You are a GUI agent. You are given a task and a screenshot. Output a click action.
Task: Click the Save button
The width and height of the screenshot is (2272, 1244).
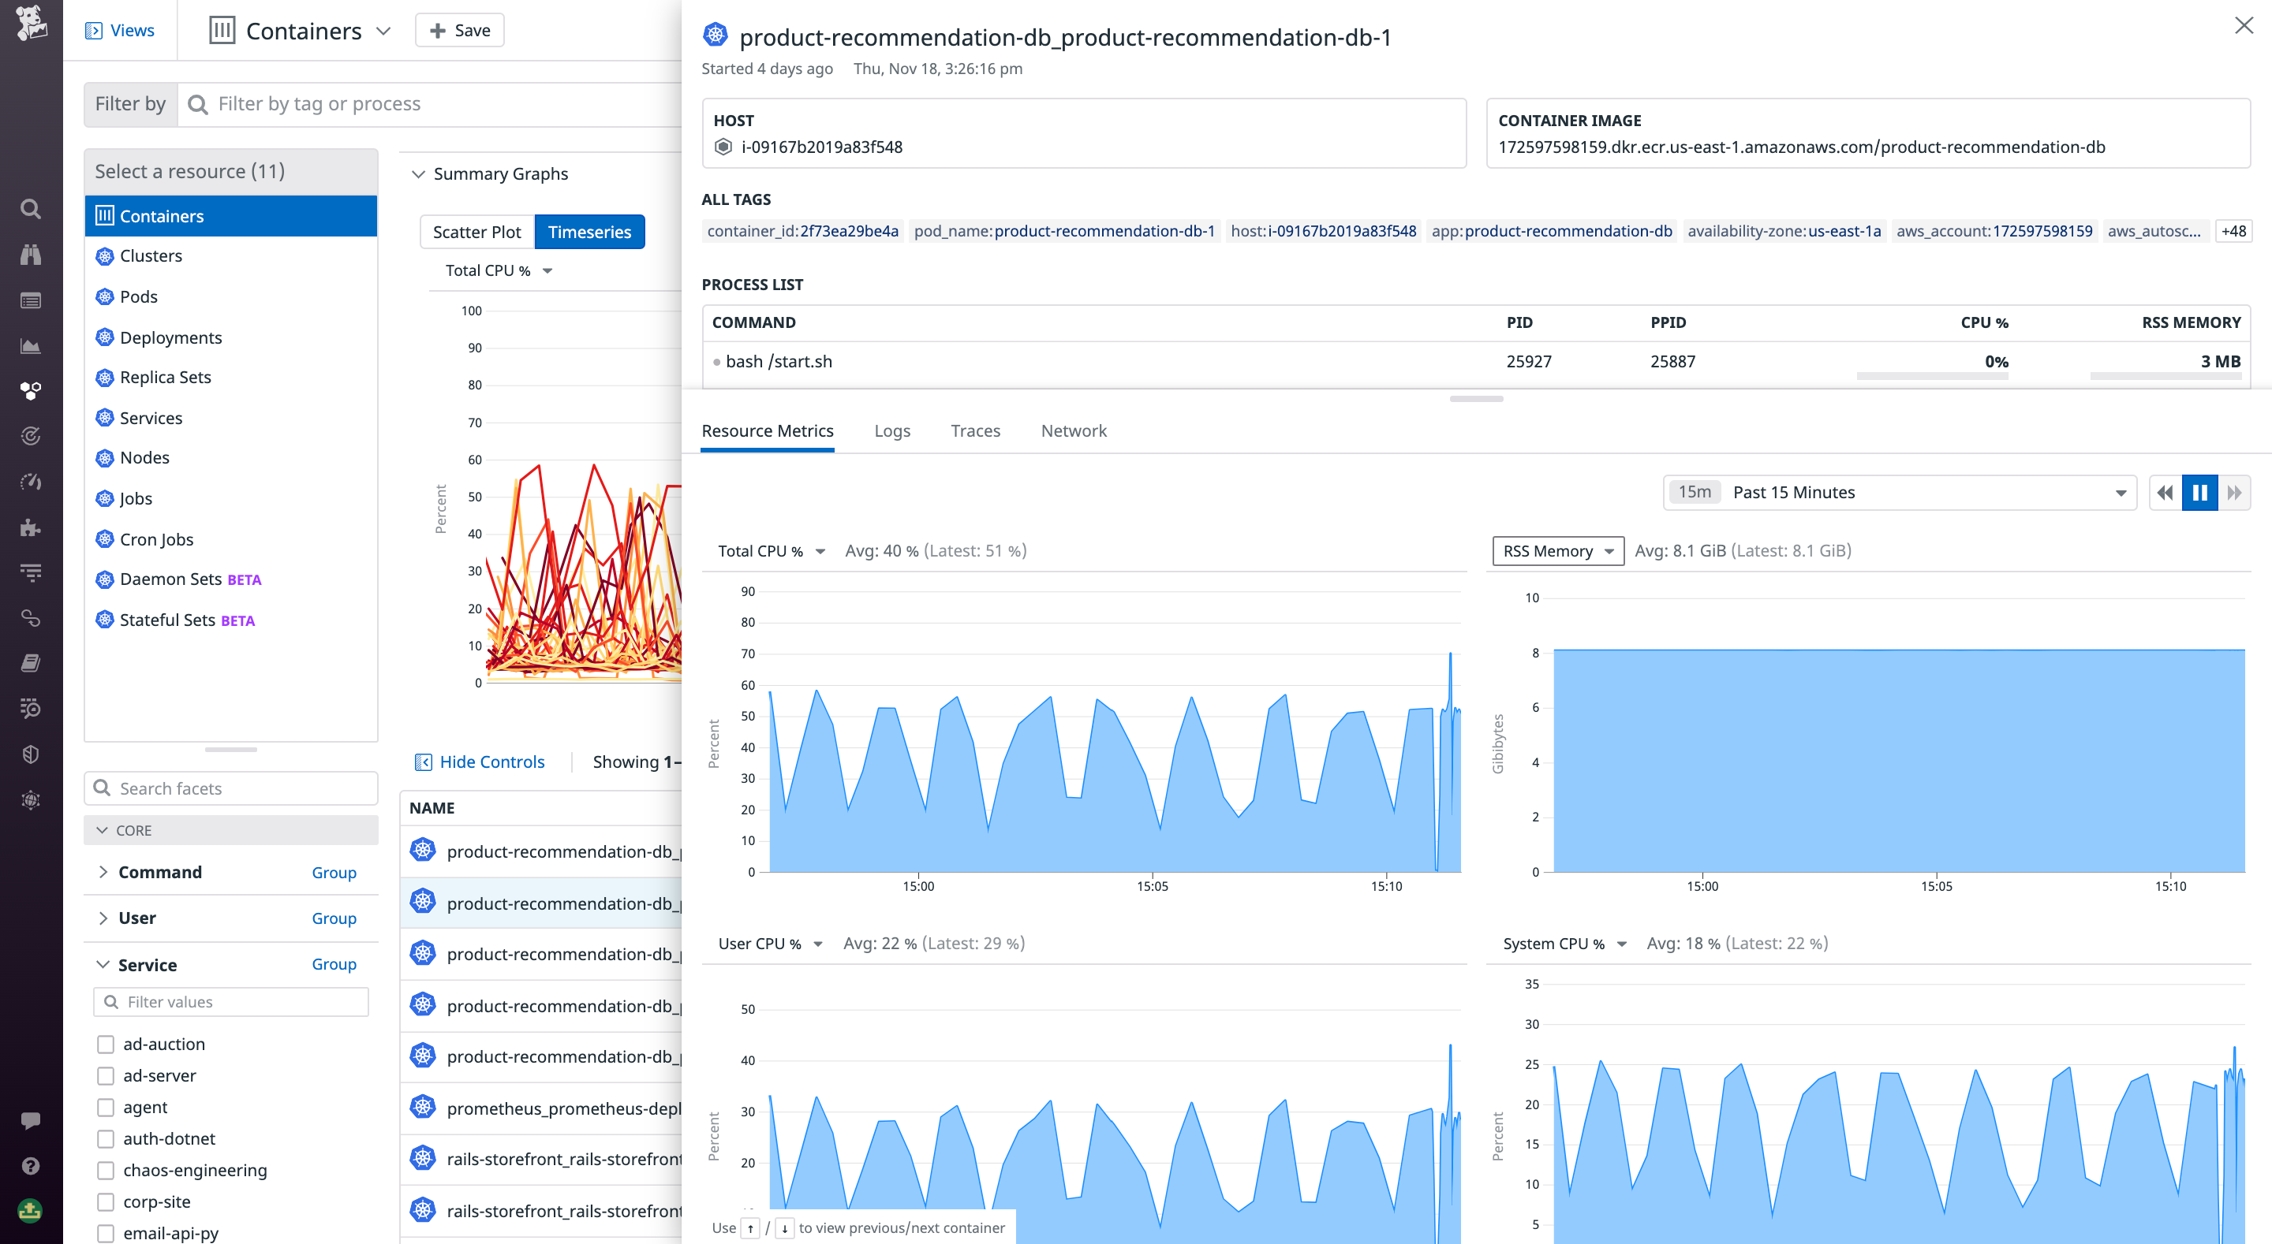tap(459, 31)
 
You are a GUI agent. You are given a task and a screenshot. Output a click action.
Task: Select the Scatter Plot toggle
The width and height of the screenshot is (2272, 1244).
tap(476, 232)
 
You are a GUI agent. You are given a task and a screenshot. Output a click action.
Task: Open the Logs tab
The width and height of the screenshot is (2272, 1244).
tap(891, 431)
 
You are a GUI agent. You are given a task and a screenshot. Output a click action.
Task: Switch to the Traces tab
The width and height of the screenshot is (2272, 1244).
tap(974, 431)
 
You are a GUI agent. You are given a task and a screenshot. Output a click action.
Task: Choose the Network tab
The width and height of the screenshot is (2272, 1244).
tap(1073, 431)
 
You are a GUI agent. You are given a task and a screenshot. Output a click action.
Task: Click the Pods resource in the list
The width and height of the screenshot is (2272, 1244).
tap(139, 297)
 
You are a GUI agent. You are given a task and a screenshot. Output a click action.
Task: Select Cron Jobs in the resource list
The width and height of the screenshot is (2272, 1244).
tap(156, 539)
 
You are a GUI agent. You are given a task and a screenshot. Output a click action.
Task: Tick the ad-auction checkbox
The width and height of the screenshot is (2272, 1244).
tap(106, 1045)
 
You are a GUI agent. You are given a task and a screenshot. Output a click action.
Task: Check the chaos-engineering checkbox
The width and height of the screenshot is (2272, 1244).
tap(106, 1171)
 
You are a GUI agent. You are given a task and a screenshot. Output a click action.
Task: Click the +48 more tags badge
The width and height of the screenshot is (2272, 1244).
tap(2233, 232)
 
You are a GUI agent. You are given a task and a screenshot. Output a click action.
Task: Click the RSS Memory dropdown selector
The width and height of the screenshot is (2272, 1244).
tap(1556, 551)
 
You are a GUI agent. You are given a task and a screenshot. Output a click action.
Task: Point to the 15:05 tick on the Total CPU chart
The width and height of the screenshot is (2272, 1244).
tap(1152, 886)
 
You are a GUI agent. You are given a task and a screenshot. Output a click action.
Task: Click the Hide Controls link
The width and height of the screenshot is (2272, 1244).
tap(491, 762)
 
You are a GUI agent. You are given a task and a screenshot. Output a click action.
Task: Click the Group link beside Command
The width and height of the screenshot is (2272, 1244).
tap(334, 873)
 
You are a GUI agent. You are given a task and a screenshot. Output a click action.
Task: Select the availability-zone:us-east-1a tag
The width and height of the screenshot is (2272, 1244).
tap(1784, 232)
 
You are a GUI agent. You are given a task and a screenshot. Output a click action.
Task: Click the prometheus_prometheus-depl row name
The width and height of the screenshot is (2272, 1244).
tap(562, 1109)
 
